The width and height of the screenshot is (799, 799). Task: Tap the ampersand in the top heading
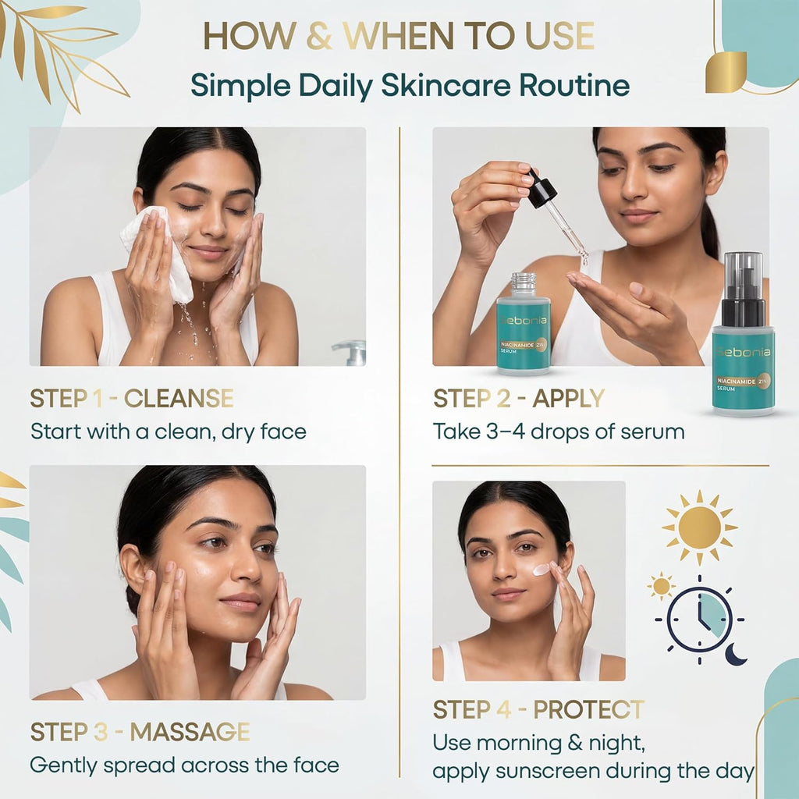pyautogui.click(x=319, y=36)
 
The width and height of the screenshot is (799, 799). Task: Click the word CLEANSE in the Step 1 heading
pyautogui.click(x=179, y=399)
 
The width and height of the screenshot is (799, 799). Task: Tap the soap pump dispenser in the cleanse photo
pyautogui.click(x=350, y=353)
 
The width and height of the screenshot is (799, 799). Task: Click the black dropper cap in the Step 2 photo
pyautogui.click(x=540, y=187)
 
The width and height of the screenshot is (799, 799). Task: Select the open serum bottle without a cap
pyautogui.click(x=524, y=324)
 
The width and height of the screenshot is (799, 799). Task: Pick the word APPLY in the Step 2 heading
pyautogui.click(x=568, y=399)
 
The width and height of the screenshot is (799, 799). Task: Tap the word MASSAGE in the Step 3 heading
pyautogui.click(x=190, y=732)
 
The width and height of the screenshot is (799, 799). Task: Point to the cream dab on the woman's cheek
pyautogui.click(x=542, y=569)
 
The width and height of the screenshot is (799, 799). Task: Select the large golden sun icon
pyautogui.click(x=700, y=528)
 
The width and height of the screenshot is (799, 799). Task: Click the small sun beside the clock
pyautogui.click(x=661, y=586)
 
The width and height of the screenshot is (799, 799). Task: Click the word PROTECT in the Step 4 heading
pyautogui.click(x=588, y=709)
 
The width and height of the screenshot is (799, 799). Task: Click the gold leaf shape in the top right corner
pyautogui.click(x=726, y=73)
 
